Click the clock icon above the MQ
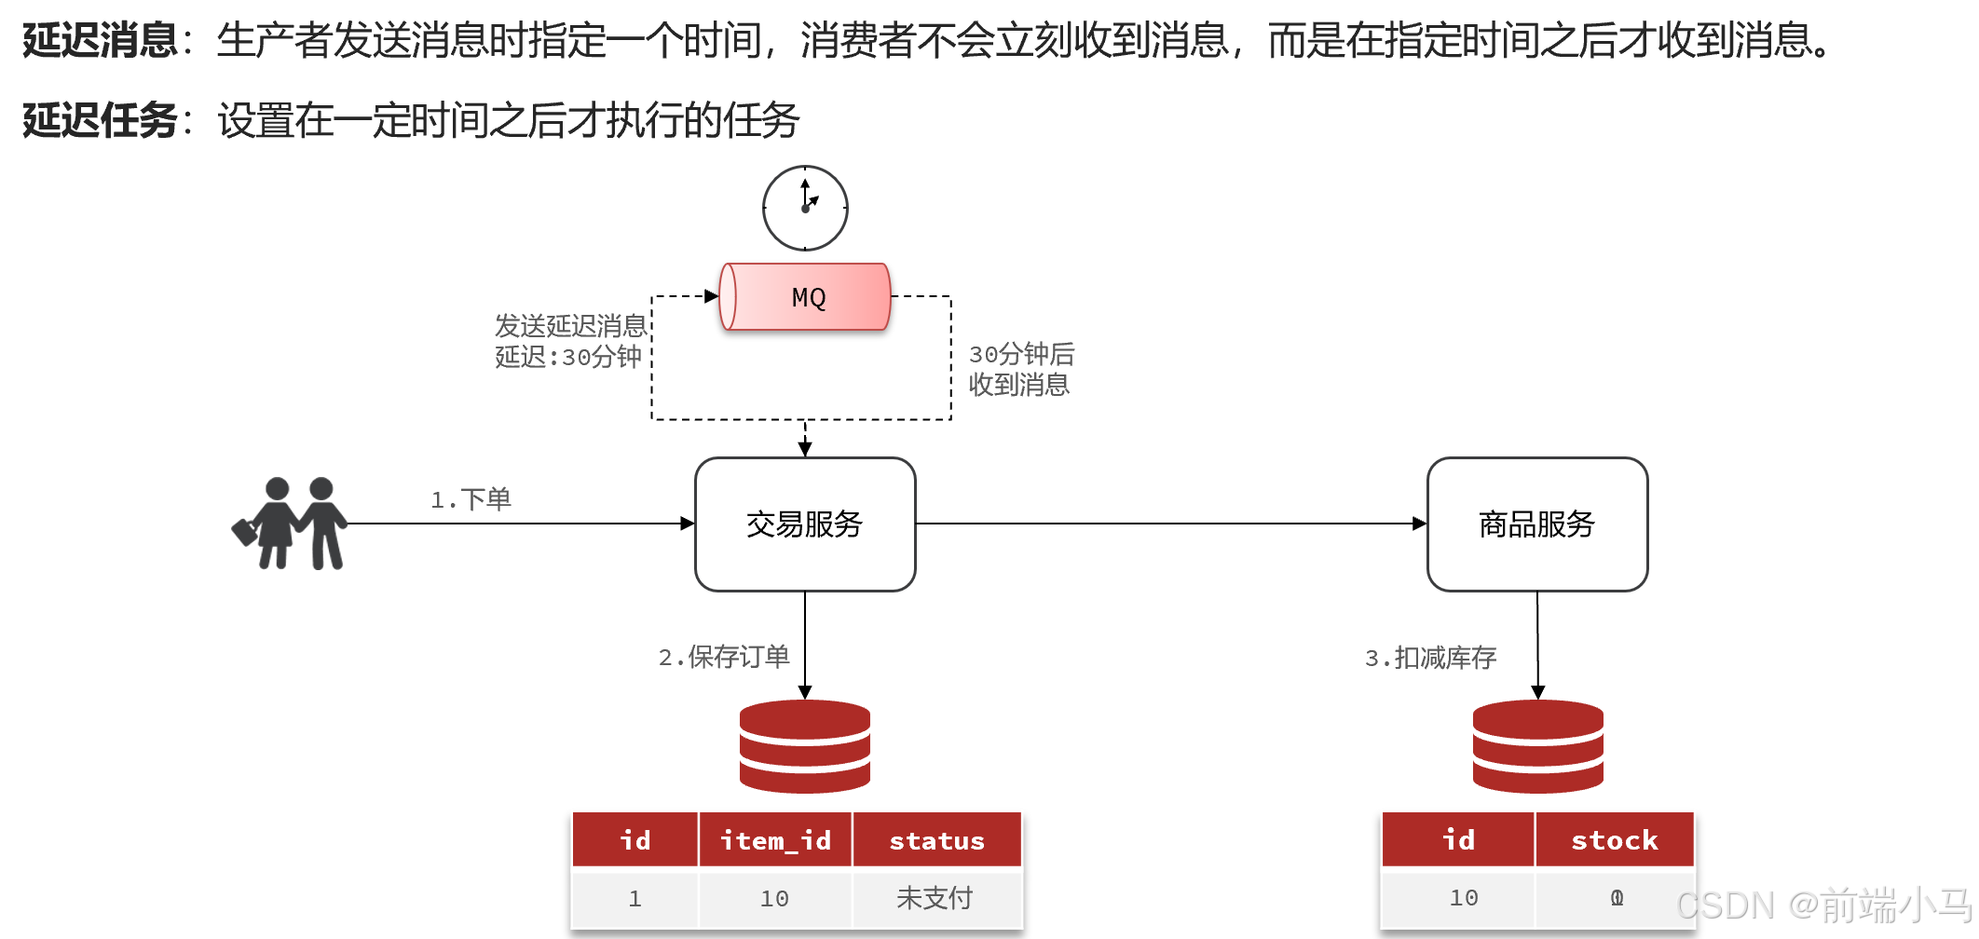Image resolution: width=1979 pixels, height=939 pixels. point(805,208)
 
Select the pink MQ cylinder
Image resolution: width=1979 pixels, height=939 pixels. point(806,297)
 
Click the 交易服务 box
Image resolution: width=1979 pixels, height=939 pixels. point(805,524)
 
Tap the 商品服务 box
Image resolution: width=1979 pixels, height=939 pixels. point(1537,524)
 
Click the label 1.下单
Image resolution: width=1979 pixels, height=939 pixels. point(471,499)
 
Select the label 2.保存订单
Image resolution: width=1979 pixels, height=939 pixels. point(724,657)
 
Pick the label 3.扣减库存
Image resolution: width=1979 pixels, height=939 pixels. point(1430,658)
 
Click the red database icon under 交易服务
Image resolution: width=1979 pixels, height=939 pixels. point(805,746)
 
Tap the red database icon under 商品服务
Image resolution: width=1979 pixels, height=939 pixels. point(1537,746)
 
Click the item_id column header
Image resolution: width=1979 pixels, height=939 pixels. point(775,840)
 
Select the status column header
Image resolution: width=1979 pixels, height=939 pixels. point(936,840)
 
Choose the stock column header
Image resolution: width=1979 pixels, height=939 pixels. point(1614,840)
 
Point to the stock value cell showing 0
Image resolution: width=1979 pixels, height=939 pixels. point(1617,898)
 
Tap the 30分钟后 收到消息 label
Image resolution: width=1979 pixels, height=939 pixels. point(1021,369)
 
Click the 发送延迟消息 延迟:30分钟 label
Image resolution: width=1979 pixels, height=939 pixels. point(570,341)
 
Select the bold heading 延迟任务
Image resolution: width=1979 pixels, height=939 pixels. point(100,120)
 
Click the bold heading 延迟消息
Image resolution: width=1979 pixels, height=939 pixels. point(100,40)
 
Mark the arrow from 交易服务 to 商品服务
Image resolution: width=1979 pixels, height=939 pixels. point(1170,524)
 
